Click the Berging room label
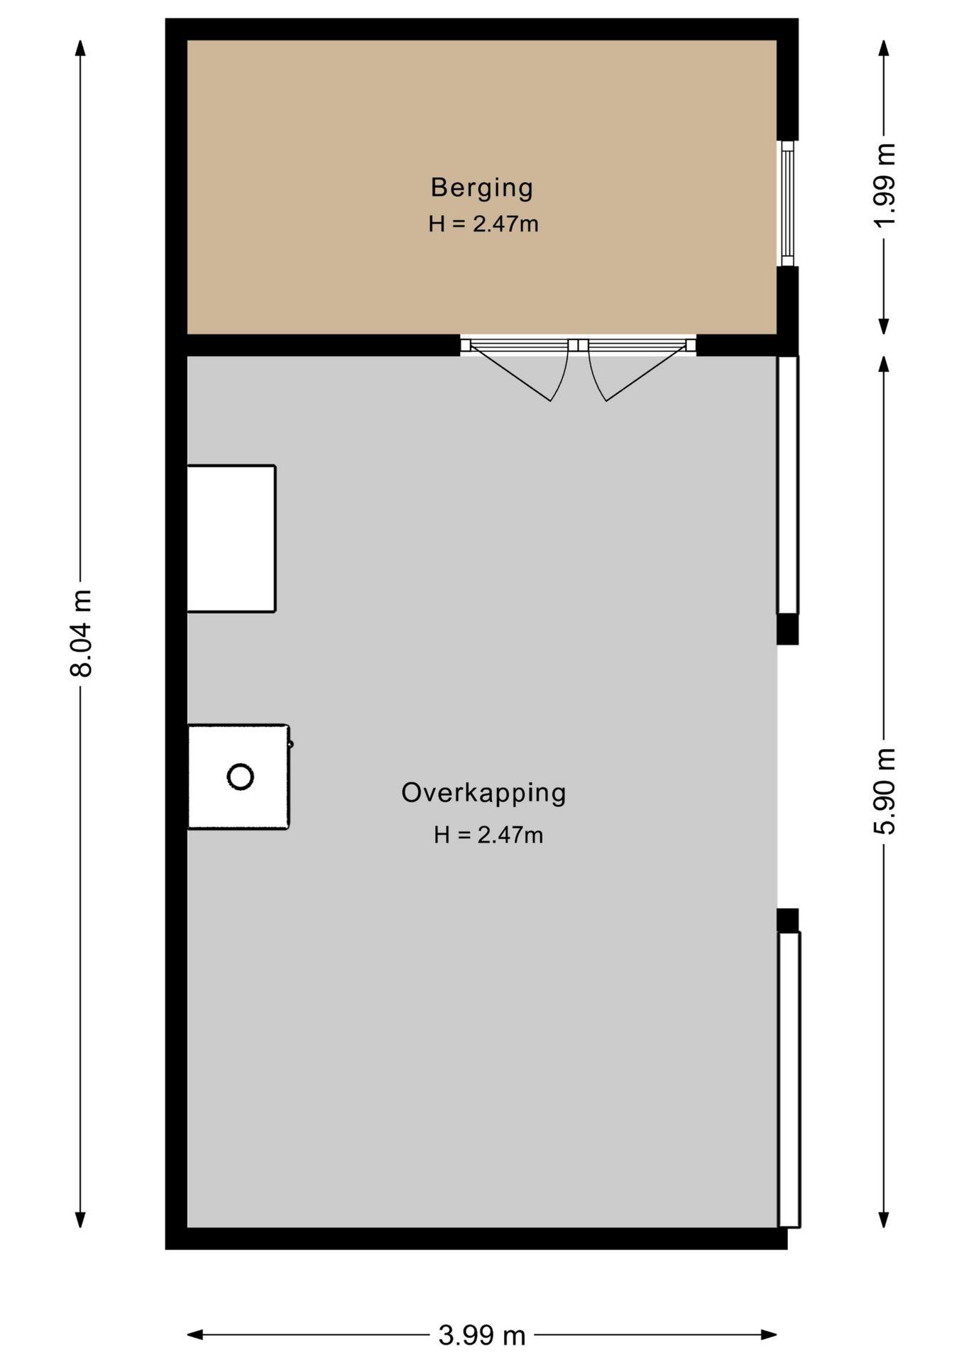tap(482, 187)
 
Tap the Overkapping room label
tap(483, 793)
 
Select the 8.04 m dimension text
tap(81, 633)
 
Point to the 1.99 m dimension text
tap(884, 185)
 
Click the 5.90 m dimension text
tap(884, 791)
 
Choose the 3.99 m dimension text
tap(482, 1335)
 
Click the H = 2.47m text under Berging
tap(483, 224)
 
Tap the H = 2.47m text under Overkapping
tap(488, 835)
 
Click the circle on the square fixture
tap(240, 777)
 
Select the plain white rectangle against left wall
tap(231, 538)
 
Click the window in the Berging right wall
tap(787, 203)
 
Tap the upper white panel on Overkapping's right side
tap(788, 484)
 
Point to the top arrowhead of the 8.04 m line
tap(81, 47)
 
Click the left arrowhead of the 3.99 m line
tap(195, 1335)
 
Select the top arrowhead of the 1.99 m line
tap(884, 47)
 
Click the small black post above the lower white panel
tap(788, 920)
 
